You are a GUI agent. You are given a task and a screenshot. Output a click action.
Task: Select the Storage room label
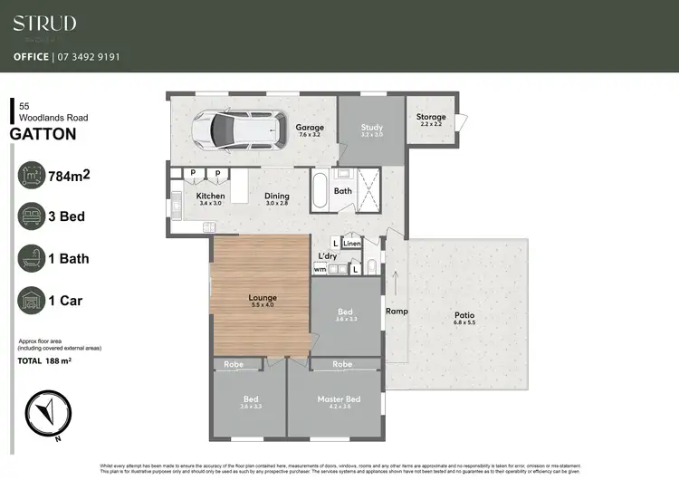431,117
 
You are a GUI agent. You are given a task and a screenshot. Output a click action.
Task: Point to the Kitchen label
210,196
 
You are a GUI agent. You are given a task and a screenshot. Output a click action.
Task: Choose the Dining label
277,196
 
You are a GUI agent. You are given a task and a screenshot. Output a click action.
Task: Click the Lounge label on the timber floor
263,297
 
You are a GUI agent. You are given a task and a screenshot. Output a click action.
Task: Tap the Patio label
464,316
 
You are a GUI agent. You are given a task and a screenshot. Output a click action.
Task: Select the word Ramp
397,311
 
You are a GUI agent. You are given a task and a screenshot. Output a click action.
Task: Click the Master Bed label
339,398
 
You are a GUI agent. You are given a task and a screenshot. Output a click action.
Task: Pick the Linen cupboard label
352,244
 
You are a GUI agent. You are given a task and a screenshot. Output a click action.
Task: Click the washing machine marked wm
320,268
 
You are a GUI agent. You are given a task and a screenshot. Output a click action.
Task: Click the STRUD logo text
44,23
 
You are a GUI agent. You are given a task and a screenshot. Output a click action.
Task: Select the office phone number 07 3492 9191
88,56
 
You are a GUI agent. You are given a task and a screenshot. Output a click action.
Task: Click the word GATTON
43,134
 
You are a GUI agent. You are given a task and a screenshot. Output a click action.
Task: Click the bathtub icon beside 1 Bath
32,258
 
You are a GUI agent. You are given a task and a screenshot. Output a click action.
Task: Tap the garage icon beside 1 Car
32,300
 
